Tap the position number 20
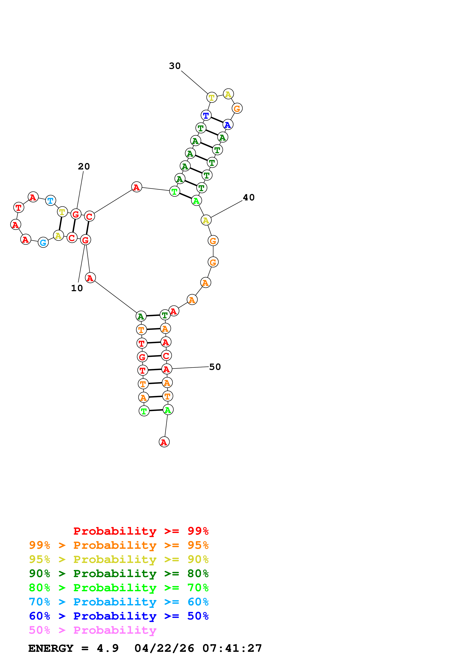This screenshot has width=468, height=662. click(84, 166)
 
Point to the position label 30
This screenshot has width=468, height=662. click(175, 66)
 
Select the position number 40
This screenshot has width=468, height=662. click(249, 198)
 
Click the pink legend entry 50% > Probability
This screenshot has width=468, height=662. click(93, 630)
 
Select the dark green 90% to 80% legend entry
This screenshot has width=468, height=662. click(119, 573)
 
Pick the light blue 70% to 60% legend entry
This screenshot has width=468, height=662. click(119, 602)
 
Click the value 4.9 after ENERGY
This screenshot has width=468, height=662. click(108, 648)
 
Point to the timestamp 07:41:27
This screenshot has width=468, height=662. click(232, 648)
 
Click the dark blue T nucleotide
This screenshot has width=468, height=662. click(206, 115)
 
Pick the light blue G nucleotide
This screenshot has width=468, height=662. click(43, 242)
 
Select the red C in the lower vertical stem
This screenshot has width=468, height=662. click(166, 356)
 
